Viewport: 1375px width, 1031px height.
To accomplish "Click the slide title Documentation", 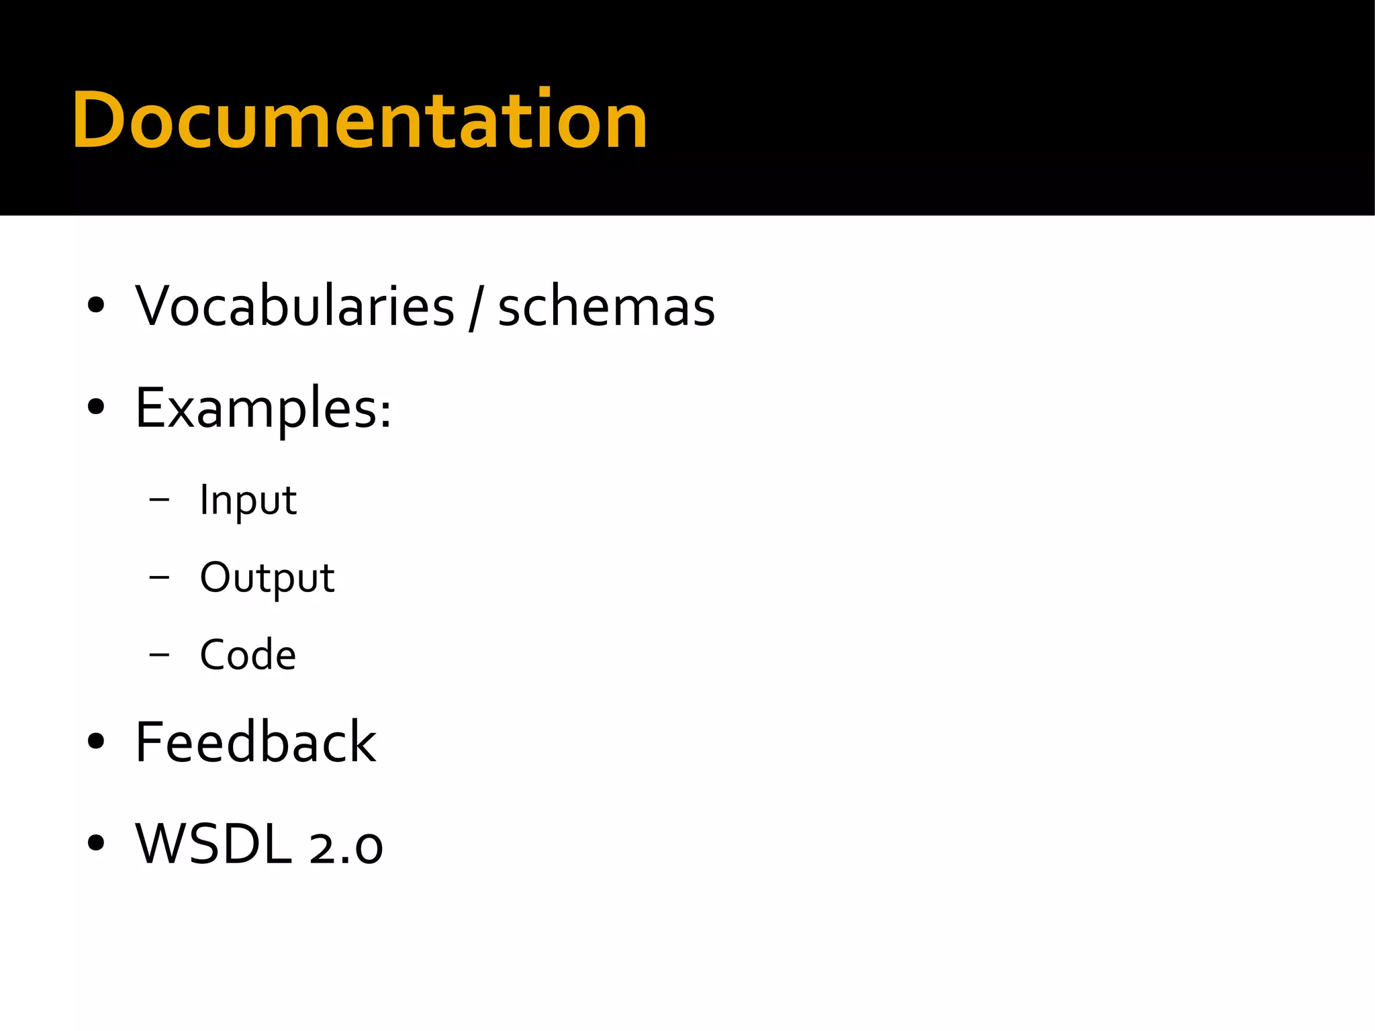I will [x=360, y=121].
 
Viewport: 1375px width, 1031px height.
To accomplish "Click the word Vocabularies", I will [x=295, y=307].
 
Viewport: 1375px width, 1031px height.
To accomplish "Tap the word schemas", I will [x=606, y=307].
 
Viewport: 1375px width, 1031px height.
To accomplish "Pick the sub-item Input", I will [x=248, y=500].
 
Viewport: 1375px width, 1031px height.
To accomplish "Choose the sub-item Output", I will [x=267, y=577].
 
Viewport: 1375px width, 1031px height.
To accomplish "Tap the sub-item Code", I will [x=248, y=654].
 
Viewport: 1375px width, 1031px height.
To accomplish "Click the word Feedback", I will [x=255, y=742].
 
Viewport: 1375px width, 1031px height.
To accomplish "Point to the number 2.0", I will [x=346, y=847].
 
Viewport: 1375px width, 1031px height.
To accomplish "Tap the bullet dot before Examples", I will [x=96, y=407].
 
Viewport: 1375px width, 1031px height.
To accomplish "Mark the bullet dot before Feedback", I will [x=96, y=741].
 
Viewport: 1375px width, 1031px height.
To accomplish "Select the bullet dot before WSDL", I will [x=96, y=842].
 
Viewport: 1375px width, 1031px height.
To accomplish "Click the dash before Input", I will [x=160, y=499].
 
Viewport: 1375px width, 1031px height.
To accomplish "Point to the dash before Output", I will [x=160, y=577].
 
